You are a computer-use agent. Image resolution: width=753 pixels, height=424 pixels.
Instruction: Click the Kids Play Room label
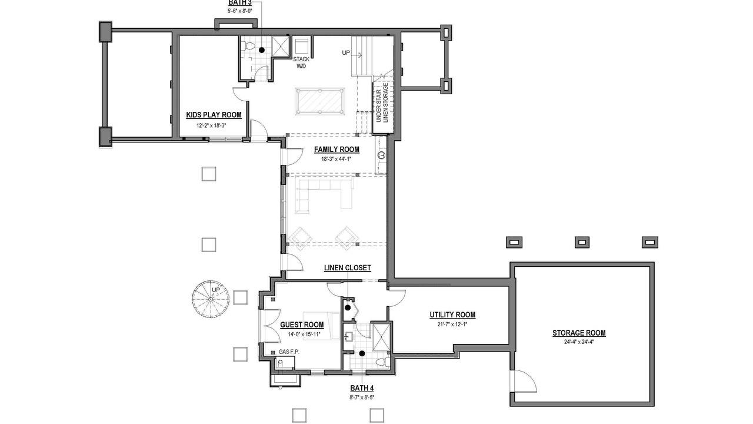click(214, 115)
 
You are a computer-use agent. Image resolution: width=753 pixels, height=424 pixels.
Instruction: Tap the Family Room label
click(336, 150)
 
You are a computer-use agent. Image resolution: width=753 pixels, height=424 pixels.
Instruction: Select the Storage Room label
click(579, 333)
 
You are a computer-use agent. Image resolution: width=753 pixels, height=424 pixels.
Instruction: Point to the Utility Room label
click(452, 315)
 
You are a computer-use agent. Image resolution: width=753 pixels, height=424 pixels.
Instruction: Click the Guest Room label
click(302, 324)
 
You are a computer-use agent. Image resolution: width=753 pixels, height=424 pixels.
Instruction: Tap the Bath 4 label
click(362, 388)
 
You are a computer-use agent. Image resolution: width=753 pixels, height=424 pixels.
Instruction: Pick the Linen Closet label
click(348, 268)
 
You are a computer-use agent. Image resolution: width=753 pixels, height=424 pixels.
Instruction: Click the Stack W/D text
click(301, 62)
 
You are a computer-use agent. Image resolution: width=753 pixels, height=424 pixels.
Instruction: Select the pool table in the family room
click(319, 101)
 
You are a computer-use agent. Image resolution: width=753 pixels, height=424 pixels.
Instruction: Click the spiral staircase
click(211, 299)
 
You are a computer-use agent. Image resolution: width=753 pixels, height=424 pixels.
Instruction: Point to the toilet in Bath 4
click(382, 362)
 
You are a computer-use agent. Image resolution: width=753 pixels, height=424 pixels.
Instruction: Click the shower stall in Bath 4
click(381, 337)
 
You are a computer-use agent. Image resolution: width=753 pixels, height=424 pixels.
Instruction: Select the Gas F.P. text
click(289, 352)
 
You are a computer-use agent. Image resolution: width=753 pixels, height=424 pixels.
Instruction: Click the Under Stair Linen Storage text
click(382, 102)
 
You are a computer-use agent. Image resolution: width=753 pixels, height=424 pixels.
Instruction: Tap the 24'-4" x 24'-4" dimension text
click(579, 342)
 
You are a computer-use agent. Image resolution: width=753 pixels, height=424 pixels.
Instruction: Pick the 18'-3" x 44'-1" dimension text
click(336, 159)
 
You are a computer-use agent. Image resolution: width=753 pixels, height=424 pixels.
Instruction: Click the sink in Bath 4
click(348, 336)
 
